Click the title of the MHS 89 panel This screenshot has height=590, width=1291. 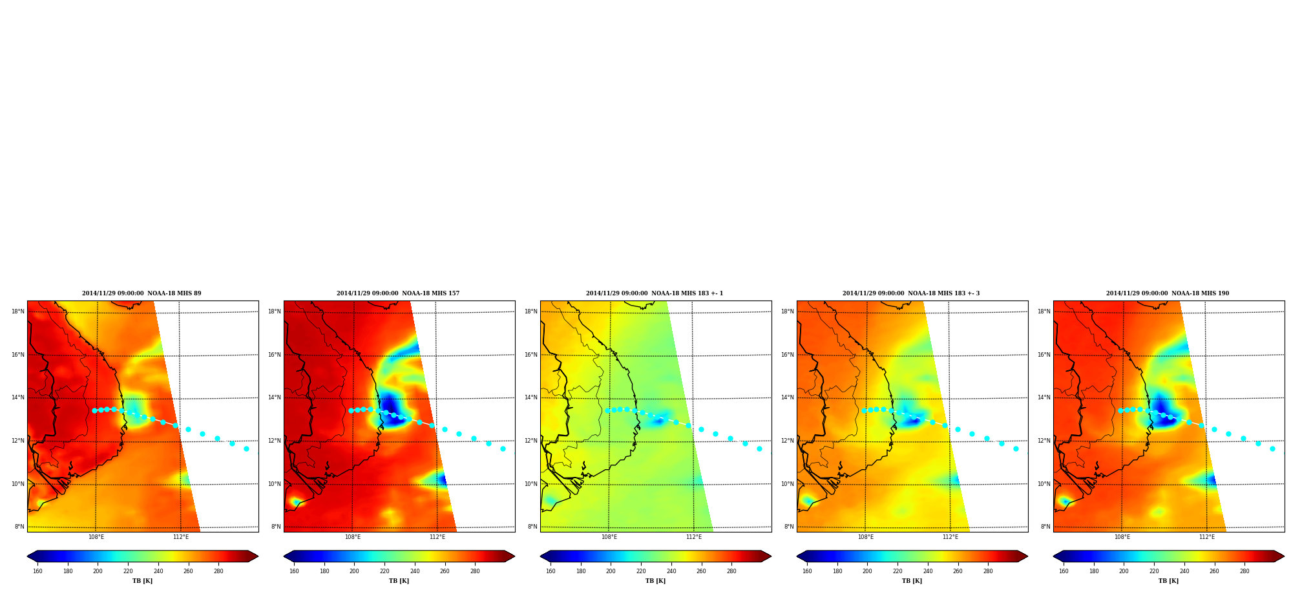(142, 293)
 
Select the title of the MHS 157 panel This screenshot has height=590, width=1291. (398, 293)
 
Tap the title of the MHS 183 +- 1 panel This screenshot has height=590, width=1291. (655, 293)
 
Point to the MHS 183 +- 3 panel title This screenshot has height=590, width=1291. (911, 293)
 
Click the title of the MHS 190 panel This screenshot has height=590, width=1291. (1168, 293)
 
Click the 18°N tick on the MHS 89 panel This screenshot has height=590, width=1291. (18, 311)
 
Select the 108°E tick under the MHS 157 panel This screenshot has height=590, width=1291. (353, 537)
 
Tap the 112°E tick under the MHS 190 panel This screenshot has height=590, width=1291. (1207, 537)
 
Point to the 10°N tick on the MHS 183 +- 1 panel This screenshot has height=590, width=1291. (531, 484)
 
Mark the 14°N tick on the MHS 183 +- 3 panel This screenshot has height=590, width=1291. (788, 398)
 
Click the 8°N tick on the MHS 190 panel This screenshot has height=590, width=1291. (1045, 527)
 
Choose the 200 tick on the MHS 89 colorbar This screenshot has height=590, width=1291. (98, 571)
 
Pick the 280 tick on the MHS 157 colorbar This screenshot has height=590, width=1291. (475, 571)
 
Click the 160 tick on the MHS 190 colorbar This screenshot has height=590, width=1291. (1064, 571)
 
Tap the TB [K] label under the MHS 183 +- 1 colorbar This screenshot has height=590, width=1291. (655, 581)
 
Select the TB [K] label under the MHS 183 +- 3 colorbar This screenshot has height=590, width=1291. (912, 581)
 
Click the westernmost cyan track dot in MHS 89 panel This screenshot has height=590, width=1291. (94, 410)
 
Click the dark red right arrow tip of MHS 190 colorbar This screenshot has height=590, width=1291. (1283, 556)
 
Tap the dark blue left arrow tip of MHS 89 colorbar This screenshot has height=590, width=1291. (28, 556)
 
